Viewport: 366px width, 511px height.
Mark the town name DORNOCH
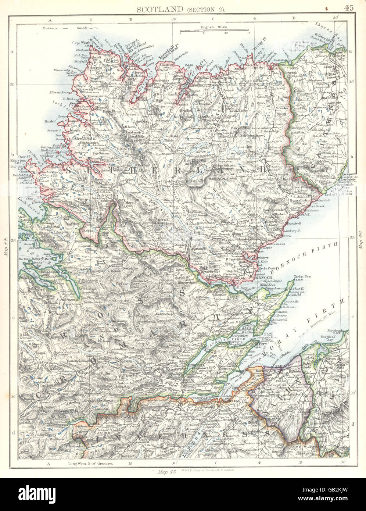coord(263,278)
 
